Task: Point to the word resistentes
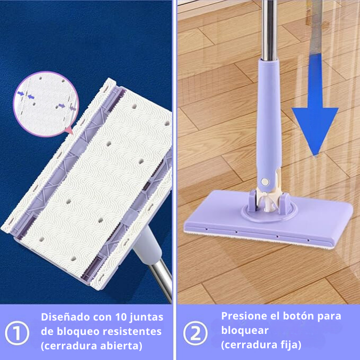coord(134,331)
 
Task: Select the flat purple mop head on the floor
coord(315,219)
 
